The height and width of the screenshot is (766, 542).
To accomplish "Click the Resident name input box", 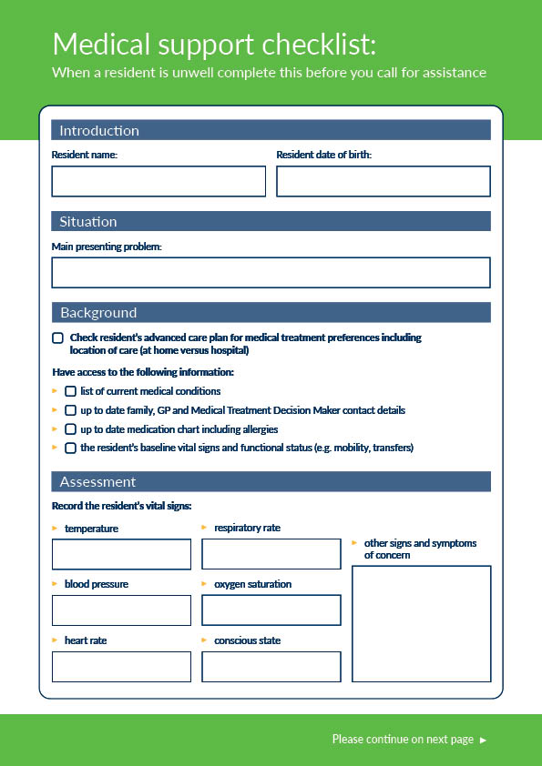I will (x=159, y=181).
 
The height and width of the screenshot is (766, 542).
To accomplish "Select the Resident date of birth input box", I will (x=383, y=181).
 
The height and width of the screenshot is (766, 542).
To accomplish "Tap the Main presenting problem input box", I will (x=271, y=272).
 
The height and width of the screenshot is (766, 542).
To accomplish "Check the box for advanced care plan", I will (x=58, y=338).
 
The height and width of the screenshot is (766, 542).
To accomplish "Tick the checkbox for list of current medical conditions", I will (x=70, y=391).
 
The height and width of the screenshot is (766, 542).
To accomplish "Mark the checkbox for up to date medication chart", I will (x=70, y=428).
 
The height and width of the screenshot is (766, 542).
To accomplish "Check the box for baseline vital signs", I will (x=70, y=448).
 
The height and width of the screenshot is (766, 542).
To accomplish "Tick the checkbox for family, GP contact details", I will (x=70, y=410).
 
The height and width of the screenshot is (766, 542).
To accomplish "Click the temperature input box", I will (x=121, y=554).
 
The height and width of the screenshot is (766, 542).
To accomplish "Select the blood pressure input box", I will (x=121, y=610).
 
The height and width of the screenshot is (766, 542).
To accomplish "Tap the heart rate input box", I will (x=121, y=666).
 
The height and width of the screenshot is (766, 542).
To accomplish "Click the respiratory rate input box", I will (x=271, y=554).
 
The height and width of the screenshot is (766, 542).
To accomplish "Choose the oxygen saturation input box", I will (x=271, y=610).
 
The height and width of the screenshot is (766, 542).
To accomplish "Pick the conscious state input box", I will (x=271, y=666).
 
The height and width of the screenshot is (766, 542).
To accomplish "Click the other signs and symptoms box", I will (x=421, y=623).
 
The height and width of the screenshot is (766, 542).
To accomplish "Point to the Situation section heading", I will (x=88, y=221).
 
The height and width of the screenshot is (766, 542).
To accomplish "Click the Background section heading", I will (x=98, y=313).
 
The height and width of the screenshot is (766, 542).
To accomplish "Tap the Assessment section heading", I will (x=97, y=481).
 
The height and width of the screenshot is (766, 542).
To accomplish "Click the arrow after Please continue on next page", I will (x=484, y=740).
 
